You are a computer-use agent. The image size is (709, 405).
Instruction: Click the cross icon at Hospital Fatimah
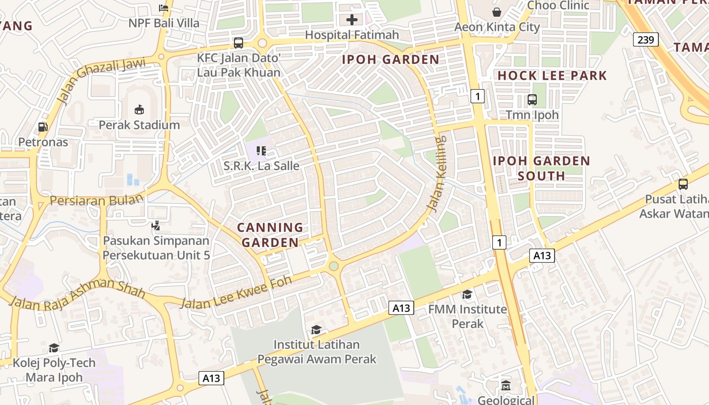pos(352,20)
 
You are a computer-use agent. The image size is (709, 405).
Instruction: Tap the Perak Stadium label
pos(139,125)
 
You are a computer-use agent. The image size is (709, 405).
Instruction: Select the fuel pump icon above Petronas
pos(43,127)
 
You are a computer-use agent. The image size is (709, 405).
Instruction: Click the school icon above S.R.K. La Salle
pos(261,150)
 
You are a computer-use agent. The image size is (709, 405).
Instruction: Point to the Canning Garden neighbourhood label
pos(270,235)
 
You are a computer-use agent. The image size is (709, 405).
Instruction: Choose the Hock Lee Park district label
pos(552,76)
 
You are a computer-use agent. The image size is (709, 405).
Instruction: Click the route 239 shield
pos(646,39)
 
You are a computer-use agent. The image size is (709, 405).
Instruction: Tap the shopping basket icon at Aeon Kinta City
pos(497,12)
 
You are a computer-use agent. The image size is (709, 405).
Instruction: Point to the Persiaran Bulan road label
pos(96,200)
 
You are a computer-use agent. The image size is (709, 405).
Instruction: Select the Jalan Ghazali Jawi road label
pos(101,80)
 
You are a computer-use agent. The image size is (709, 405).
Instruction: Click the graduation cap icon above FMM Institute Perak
pos(467,294)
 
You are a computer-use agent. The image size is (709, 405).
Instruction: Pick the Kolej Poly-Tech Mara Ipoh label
pos(54,370)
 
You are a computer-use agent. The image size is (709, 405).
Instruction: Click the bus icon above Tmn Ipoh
pos(532,100)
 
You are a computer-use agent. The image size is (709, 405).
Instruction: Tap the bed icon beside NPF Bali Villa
pos(164,8)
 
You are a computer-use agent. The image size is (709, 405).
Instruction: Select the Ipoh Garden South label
pos(541,169)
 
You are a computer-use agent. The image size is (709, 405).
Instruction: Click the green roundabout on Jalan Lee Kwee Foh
pos(333,266)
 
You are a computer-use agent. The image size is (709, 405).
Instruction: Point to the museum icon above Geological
pos(505,386)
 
